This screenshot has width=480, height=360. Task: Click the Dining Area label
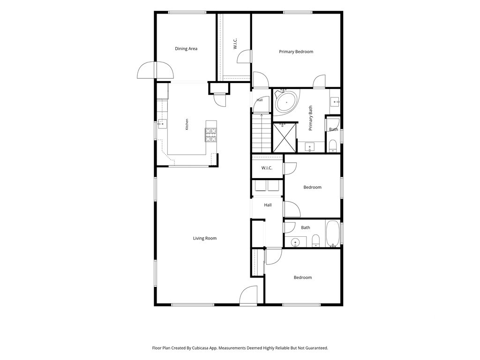[x=186, y=49]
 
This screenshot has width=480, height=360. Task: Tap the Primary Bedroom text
[x=296, y=52]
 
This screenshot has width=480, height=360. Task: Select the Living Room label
[x=205, y=238]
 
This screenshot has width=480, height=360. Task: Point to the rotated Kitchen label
[x=187, y=124]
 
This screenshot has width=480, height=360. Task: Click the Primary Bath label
[x=310, y=118]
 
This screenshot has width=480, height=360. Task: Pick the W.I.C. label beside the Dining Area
[x=235, y=44]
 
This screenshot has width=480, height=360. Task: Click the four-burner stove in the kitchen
[x=211, y=135]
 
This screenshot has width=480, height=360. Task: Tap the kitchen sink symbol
[x=161, y=124]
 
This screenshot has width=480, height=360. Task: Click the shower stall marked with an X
[x=285, y=137]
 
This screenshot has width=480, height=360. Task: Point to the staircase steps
[x=262, y=133]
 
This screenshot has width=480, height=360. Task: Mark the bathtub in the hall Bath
[x=332, y=233]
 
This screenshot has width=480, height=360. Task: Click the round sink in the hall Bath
[x=295, y=242]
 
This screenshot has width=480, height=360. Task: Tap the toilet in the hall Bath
[x=315, y=240]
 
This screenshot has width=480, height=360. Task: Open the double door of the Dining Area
[x=156, y=70]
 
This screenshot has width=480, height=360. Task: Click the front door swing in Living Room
[x=248, y=295]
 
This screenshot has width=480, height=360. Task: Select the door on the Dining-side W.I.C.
[x=244, y=57]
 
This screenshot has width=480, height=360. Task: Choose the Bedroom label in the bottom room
[x=303, y=277]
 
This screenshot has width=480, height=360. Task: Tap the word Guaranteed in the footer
[x=317, y=348]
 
